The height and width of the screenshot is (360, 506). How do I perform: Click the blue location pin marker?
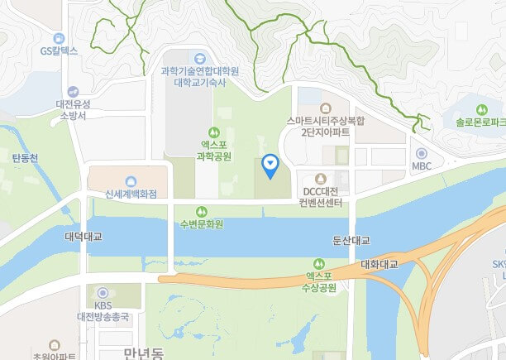point(269,166)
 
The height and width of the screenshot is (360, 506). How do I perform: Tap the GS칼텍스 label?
point(58,50)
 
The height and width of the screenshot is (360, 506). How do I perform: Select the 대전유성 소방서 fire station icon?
point(72,91)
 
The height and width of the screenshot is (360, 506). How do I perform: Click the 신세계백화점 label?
point(131,194)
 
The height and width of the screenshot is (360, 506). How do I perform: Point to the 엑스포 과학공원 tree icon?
point(215,132)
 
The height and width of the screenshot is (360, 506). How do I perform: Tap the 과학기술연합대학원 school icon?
point(199,58)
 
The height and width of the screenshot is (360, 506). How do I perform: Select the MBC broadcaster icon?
point(421,153)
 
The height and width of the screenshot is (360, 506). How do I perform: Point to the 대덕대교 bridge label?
point(83,237)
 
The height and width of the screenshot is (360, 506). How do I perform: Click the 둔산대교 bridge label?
point(350,240)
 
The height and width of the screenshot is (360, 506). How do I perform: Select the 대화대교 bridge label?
point(379,265)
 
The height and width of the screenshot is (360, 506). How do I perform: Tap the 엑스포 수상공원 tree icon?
point(320,264)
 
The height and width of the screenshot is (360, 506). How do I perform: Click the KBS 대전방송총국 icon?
point(103,292)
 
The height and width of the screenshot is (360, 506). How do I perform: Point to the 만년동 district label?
point(146,353)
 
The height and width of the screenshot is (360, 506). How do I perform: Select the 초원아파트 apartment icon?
point(55,343)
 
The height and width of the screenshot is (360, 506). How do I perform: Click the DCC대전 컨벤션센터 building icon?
point(321,178)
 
